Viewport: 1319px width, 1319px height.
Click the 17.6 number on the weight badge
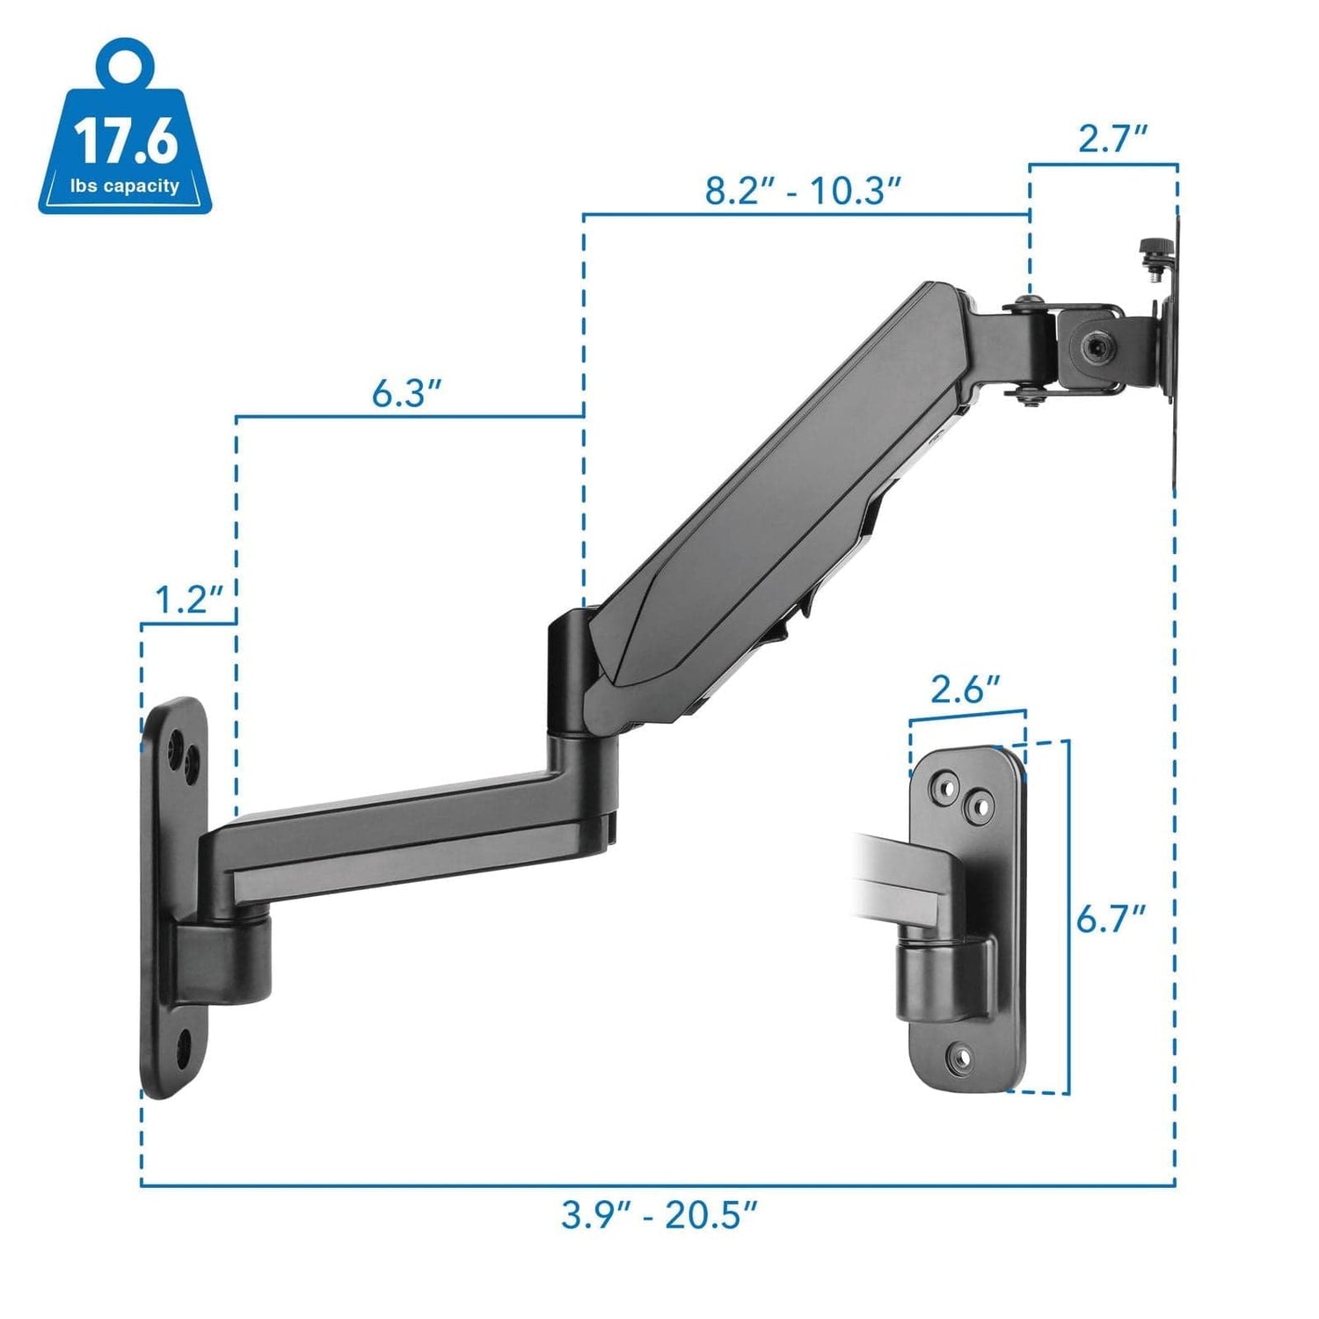[x=126, y=142]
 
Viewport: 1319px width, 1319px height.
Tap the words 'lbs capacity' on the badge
[x=125, y=186]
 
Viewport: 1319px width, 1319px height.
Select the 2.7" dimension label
[x=1113, y=139]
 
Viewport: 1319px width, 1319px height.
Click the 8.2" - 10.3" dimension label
[x=804, y=191]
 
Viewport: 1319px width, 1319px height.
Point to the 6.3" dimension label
[x=405, y=393]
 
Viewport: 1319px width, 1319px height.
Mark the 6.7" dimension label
[x=1111, y=921]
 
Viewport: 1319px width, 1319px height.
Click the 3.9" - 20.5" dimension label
[x=659, y=1217]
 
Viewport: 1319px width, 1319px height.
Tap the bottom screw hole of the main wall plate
[x=185, y=1046]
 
